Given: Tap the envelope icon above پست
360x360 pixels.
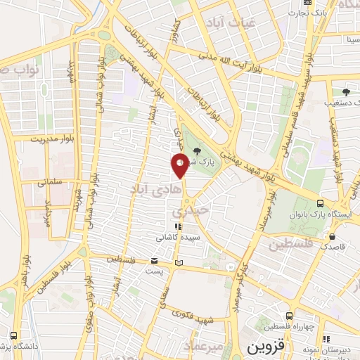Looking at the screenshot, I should click(x=154, y=262).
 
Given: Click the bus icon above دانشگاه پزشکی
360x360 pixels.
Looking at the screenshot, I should click(x=13, y=334).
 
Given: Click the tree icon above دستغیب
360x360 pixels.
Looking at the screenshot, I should click(x=345, y=91).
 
